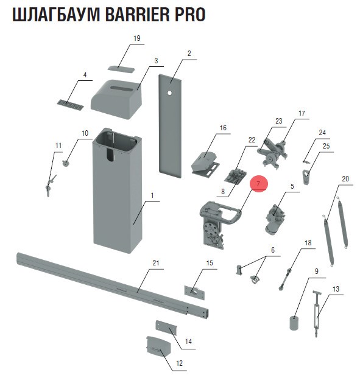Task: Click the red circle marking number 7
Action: point(258,184)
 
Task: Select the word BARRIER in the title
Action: point(137,15)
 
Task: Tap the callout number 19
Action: point(137,38)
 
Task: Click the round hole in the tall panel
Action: point(169,93)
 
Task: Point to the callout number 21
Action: point(156,262)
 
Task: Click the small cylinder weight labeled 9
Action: point(294,323)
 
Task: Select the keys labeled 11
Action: point(50,186)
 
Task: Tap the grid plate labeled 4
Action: point(71,104)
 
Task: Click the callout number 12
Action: point(179,363)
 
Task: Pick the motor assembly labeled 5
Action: point(274,219)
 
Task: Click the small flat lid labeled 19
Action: point(121,68)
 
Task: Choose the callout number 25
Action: point(326,146)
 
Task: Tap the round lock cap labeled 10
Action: point(66,164)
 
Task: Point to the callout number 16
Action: point(223,128)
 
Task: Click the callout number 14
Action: point(188,341)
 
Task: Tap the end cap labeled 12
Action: point(158,347)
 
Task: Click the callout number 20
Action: point(345,179)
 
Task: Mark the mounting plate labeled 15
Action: point(194,292)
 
